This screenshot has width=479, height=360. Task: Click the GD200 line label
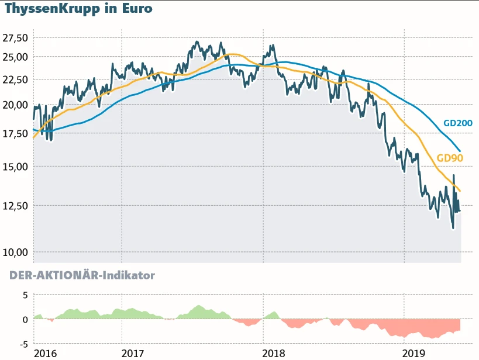click(x=458, y=123)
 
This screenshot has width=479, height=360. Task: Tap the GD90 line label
click(x=450, y=158)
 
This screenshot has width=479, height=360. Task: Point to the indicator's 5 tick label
click(x=25, y=295)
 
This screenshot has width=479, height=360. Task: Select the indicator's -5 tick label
click(x=23, y=344)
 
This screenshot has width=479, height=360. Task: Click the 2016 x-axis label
click(x=46, y=353)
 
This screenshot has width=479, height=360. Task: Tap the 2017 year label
click(x=133, y=353)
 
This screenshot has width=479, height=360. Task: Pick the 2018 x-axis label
click(x=274, y=353)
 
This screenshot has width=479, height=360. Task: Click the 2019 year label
click(x=415, y=353)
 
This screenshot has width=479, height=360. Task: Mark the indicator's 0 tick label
click(x=25, y=320)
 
